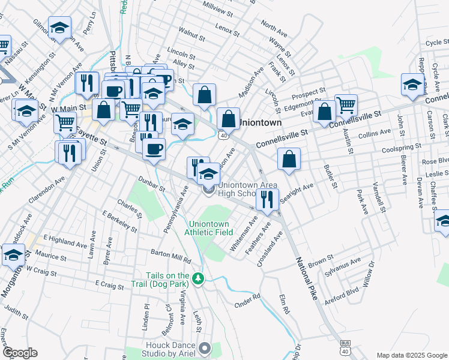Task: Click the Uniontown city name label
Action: pos(260,122)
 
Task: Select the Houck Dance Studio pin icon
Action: pos(205,348)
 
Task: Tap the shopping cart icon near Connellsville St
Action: pos(346,105)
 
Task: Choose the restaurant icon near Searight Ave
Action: pos(267,199)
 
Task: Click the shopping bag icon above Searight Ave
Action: pos(289,159)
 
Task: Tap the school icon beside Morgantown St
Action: pos(14,255)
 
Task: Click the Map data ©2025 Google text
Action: pos(411,355)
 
